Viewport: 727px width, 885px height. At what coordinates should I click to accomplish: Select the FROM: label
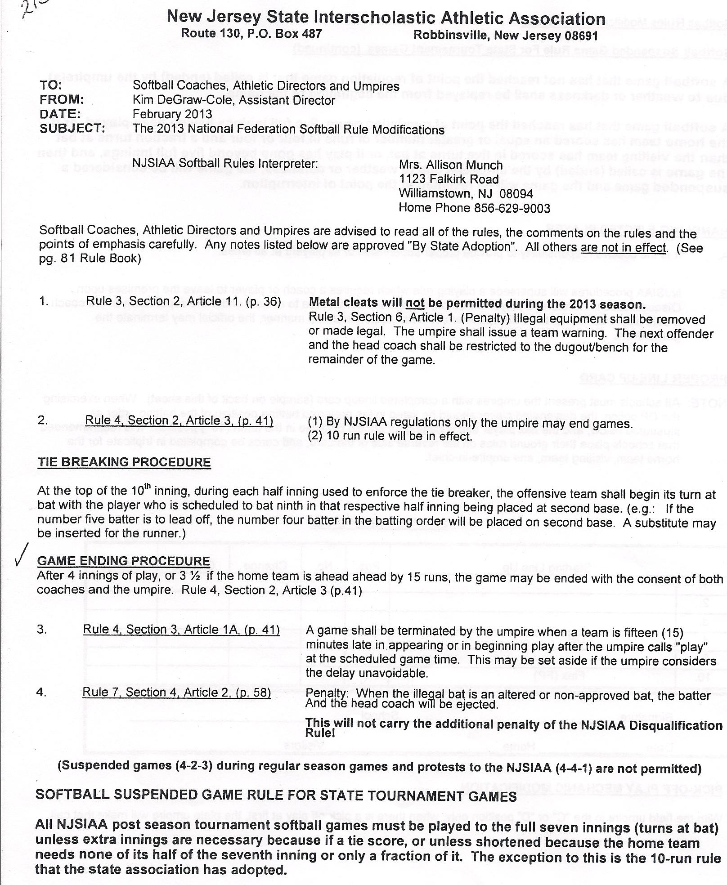tap(62, 99)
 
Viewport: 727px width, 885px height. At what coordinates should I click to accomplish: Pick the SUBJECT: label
tap(72, 129)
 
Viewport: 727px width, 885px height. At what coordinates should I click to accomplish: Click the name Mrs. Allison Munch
tap(451, 165)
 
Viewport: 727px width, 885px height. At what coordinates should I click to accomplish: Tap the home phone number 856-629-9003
tap(512, 208)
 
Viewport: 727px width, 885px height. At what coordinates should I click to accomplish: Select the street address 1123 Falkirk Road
tap(449, 179)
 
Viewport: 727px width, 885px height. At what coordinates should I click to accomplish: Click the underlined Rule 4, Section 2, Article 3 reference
tap(179, 420)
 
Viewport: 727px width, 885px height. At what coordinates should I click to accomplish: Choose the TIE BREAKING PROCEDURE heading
tap(124, 462)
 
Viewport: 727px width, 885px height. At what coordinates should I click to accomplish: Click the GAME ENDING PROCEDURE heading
tap(124, 561)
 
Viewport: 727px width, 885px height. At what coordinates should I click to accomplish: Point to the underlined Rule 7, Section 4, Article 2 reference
tap(177, 692)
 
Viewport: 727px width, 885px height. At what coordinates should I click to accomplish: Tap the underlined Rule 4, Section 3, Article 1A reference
tap(181, 630)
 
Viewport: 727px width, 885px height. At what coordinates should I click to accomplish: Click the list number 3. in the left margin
tap(42, 630)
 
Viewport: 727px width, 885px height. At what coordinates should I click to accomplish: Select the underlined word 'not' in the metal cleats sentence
tap(415, 304)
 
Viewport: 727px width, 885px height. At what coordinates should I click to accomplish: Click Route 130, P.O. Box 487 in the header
tap(251, 34)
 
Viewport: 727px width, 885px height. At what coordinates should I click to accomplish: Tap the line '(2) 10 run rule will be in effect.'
tap(390, 436)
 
